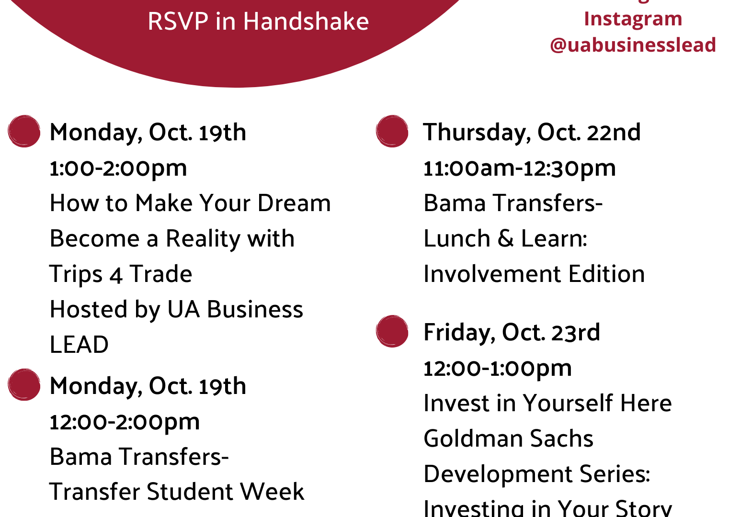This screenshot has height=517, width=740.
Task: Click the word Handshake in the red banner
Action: pos(306,22)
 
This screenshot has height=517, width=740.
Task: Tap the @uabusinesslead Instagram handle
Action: pos(633,45)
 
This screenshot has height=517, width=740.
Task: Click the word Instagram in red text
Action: pos(633,19)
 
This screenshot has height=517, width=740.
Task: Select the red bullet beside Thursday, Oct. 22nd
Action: pos(392,131)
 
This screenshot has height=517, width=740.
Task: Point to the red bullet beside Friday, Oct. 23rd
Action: pos(392,331)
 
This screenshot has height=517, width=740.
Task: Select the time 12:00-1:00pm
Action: pos(498,369)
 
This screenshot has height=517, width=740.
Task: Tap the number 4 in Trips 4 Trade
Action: pos(116,275)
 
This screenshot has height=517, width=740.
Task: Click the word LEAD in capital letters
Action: pos(79,345)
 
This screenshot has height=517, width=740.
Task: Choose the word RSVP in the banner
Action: pos(178,22)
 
